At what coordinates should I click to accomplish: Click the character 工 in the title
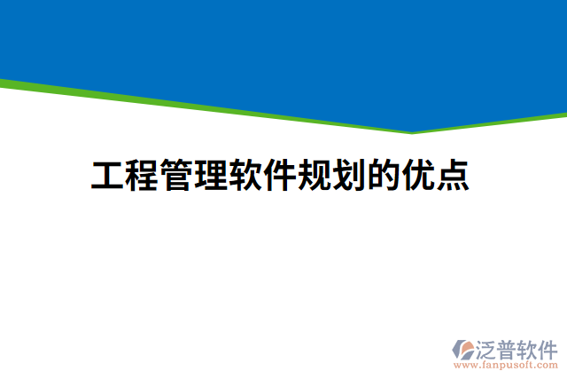tap(107, 176)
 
